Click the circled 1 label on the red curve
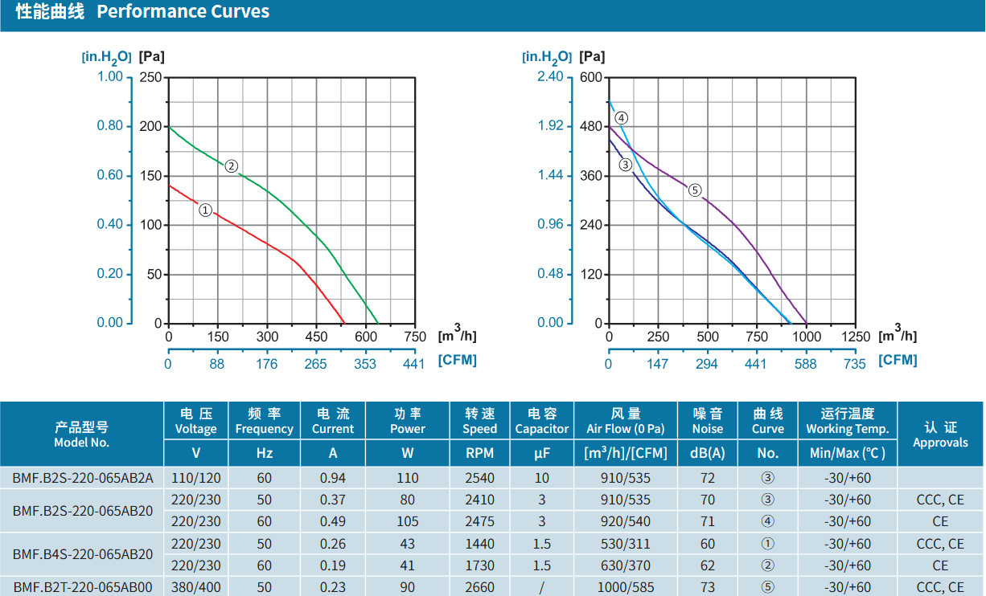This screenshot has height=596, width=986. pyautogui.click(x=205, y=210)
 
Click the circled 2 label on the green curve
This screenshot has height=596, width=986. pyautogui.click(x=231, y=166)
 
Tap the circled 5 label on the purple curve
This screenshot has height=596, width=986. pyautogui.click(x=695, y=190)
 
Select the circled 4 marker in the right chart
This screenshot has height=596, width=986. pyautogui.click(x=621, y=118)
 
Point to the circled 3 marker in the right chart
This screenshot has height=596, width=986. pyautogui.click(x=625, y=165)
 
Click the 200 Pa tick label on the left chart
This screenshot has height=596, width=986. pyautogui.click(x=150, y=127)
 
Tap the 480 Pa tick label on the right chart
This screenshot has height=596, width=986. pyautogui.click(x=591, y=127)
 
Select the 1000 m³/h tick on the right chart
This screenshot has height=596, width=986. pyautogui.click(x=807, y=337)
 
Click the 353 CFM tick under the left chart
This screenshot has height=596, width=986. pyautogui.click(x=365, y=364)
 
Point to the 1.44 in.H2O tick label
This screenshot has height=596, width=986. pyautogui.click(x=550, y=175)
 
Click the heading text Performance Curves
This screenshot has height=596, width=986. pyautogui.click(x=183, y=11)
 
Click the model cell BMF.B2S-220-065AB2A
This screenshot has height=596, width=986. pyautogui.click(x=82, y=478)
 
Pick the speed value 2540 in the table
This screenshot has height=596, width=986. pyautogui.click(x=479, y=478)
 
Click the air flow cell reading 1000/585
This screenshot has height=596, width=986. pyautogui.click(x=625, y=587)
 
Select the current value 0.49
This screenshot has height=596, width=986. pyautogui.click(x=332, y=521)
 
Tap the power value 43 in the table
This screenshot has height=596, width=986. pyautogui.click(x=407, y=544)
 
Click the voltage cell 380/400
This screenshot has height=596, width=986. pyautogui.click(x=196, y=587)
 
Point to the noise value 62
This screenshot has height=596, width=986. pyautogui.click(x=708, y=565)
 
